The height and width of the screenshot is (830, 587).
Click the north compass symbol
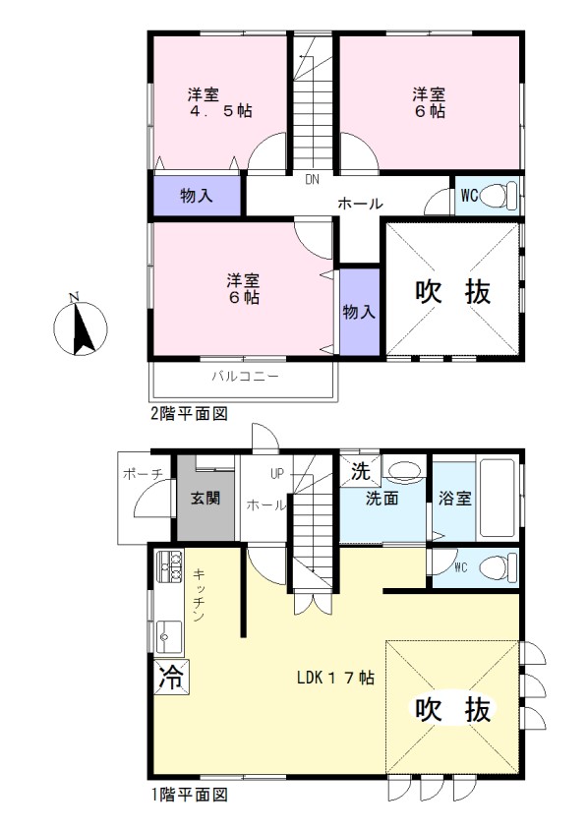point(81,326)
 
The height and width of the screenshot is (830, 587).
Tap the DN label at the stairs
point(313,179)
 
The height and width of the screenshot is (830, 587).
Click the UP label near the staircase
point(277,474)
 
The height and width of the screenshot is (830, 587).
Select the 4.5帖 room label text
point(220,110)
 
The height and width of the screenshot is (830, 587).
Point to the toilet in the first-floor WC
point(499,567)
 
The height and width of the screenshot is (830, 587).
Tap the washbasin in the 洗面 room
point(403,470)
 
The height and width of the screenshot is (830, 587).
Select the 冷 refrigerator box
point(171,677)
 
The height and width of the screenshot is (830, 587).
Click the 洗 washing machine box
point(361,471)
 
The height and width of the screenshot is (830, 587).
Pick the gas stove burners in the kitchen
point(169,566)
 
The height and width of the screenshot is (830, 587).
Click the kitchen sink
point(169,637)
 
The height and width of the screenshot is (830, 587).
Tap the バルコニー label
point(245,377)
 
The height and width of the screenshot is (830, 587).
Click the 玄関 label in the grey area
point(205,499)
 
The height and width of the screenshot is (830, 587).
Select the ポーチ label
point(143,473)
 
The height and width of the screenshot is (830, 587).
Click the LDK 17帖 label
point(335,678)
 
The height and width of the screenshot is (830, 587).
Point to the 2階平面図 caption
point(190,413)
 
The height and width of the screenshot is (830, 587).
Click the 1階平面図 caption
point(190,794)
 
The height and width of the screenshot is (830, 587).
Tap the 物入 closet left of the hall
point(197,196)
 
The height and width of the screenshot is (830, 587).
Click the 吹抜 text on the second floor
point(453,292)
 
